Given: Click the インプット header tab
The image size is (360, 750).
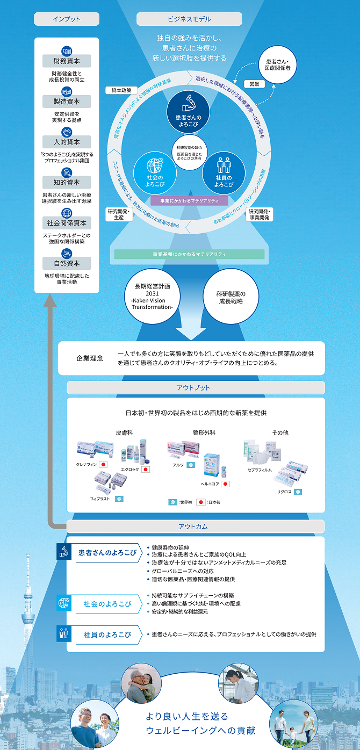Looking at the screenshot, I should (67, 19).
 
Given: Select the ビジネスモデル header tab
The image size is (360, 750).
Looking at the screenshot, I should (189, 19).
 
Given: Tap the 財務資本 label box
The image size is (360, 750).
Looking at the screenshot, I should (67, 61).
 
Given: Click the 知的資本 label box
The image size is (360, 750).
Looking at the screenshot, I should (67, 182).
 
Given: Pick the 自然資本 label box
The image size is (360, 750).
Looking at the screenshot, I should (67, 263).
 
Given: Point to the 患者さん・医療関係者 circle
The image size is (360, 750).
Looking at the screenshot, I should (277, 64).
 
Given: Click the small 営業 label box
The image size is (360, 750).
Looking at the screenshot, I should (254, 84).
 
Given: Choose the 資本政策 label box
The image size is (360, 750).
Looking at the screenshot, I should (121, 90).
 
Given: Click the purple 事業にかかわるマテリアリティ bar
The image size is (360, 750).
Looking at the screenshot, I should (190, 200).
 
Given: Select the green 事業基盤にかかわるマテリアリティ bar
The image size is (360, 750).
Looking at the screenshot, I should (189, 254).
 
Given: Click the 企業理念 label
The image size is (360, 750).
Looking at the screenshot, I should (89, 358).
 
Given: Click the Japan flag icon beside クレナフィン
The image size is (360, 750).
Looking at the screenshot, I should (103, 464).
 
